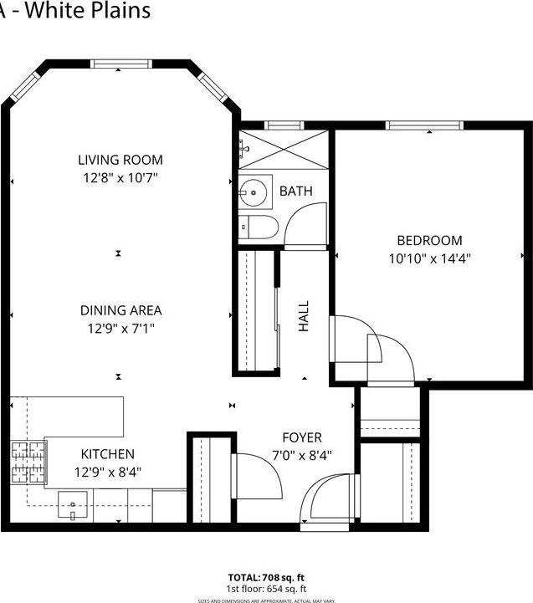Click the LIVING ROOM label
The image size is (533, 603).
click(120, 160)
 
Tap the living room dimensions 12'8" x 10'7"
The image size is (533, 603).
click(120, 177)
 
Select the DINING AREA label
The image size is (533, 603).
click(120, 310)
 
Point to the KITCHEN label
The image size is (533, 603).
click(107, 454)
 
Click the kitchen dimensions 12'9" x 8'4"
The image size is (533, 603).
click(107, 472)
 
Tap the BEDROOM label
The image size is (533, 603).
click(430, 241)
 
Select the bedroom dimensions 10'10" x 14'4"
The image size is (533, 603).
click(430, 258)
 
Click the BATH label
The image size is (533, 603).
click(295, 192)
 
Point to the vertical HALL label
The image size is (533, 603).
click(304, 317)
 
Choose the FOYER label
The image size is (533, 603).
click(301, 437)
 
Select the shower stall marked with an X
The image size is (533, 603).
click(284, 151)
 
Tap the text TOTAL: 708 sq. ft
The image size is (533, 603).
click(266, 578)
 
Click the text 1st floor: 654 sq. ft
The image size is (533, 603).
click(266, 589)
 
